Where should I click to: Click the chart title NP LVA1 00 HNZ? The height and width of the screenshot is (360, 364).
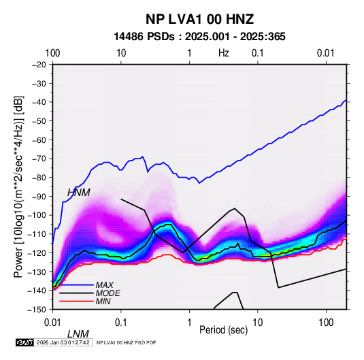[199, 19]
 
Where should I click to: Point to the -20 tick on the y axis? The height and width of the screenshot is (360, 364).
[39, 65]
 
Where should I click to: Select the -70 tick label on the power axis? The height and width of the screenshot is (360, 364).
[39, 159]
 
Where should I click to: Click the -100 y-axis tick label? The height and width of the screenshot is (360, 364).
[37, 215]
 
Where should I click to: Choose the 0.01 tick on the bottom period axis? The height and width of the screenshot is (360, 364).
[52, 323]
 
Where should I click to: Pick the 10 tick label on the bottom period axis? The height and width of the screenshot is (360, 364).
[258, 323]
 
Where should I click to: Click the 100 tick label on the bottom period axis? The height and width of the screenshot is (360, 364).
[326, 323]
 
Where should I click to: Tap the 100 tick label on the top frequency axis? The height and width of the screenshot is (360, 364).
[52, 53]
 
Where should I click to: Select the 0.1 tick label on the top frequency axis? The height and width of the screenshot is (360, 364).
[258, 53]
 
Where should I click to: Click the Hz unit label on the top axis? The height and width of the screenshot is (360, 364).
[224, 53]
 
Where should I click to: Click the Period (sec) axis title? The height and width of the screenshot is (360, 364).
[224, 330]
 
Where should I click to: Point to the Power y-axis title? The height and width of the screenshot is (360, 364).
[18, 186]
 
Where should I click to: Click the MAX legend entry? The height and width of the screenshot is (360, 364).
[105, 284]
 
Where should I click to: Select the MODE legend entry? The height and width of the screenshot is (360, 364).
[108, 293]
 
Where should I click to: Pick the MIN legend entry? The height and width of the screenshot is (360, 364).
[103, 301]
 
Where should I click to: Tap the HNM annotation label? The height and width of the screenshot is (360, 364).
[79, 193]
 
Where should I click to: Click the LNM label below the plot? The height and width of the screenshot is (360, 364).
[78, 334]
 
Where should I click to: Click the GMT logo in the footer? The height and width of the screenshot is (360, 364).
[24, 342]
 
